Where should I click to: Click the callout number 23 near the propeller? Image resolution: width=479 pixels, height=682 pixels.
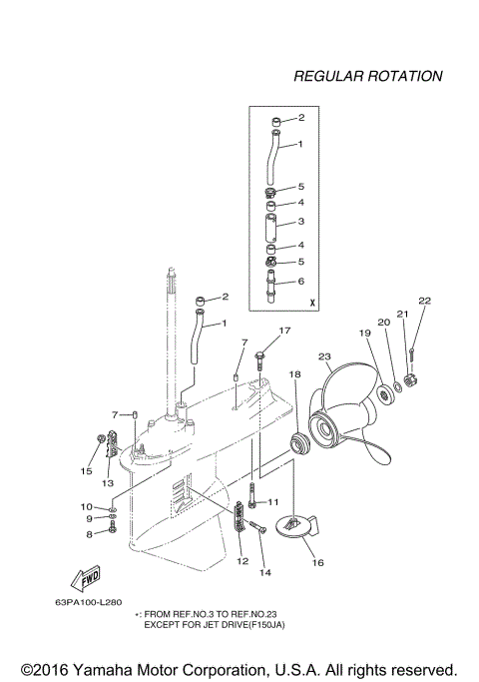324,355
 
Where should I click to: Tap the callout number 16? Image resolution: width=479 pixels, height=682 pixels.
318,562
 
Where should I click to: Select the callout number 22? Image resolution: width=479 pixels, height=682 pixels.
424,301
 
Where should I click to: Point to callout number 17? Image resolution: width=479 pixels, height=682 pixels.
284,331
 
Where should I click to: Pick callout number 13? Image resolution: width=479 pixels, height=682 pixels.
108,482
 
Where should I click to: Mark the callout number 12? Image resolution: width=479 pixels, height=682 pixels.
241,562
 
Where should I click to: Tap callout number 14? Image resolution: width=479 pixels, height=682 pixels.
265,572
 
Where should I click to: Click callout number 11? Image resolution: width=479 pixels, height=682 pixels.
274,501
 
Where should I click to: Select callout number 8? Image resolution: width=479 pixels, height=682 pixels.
88,534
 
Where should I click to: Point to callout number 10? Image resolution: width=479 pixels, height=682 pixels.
86,507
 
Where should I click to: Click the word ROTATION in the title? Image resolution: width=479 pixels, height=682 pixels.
404,76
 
